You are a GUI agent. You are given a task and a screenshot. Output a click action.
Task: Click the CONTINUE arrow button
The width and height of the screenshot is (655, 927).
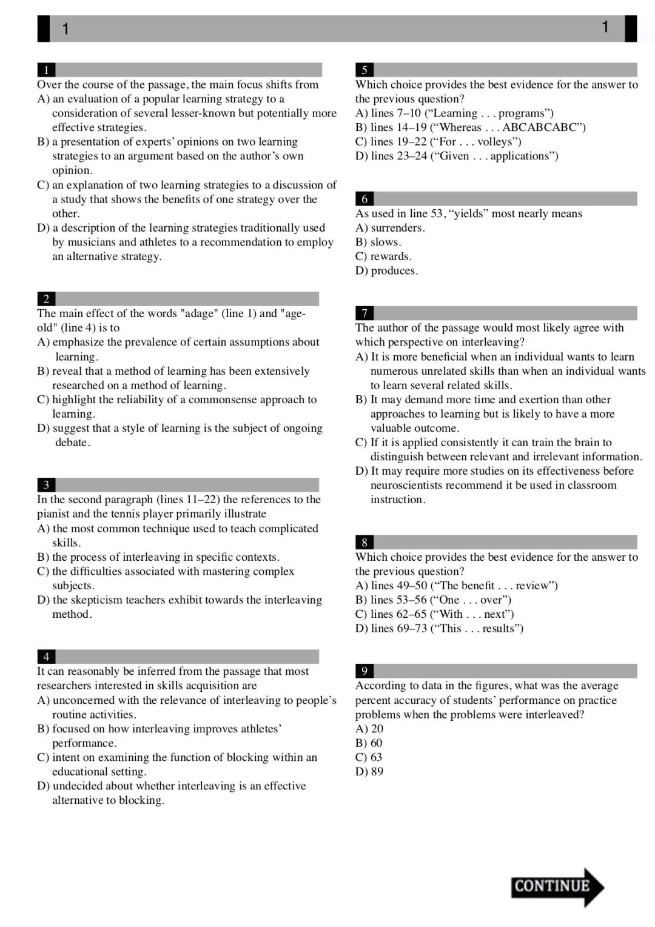(557, 886)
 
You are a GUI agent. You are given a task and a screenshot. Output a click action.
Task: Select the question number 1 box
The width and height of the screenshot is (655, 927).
(46, 70)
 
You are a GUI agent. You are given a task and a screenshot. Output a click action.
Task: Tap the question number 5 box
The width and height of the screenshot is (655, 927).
(364, 70)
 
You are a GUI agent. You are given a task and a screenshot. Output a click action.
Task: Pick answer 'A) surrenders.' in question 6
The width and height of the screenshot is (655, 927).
(390, 228)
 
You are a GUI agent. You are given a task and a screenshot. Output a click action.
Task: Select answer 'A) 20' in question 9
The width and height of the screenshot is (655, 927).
(369, 729)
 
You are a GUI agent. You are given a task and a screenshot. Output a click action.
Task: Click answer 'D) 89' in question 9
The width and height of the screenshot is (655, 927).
(369, 772)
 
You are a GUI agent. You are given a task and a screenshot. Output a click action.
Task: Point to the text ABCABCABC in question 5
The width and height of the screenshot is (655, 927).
(543, 127)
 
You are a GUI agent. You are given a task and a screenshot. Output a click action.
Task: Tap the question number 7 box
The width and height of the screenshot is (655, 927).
(364, 313)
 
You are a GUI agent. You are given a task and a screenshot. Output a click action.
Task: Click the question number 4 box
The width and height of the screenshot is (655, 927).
(46, 657)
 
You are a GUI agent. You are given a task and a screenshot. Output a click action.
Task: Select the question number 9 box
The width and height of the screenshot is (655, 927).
(364, 671)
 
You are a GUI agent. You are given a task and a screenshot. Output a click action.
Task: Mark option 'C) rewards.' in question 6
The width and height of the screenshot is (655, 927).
(383, 256)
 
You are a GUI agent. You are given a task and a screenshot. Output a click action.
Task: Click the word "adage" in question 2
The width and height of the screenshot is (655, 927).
(199, 313)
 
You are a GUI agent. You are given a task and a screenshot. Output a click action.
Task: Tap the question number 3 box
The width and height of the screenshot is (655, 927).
(46, 485)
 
